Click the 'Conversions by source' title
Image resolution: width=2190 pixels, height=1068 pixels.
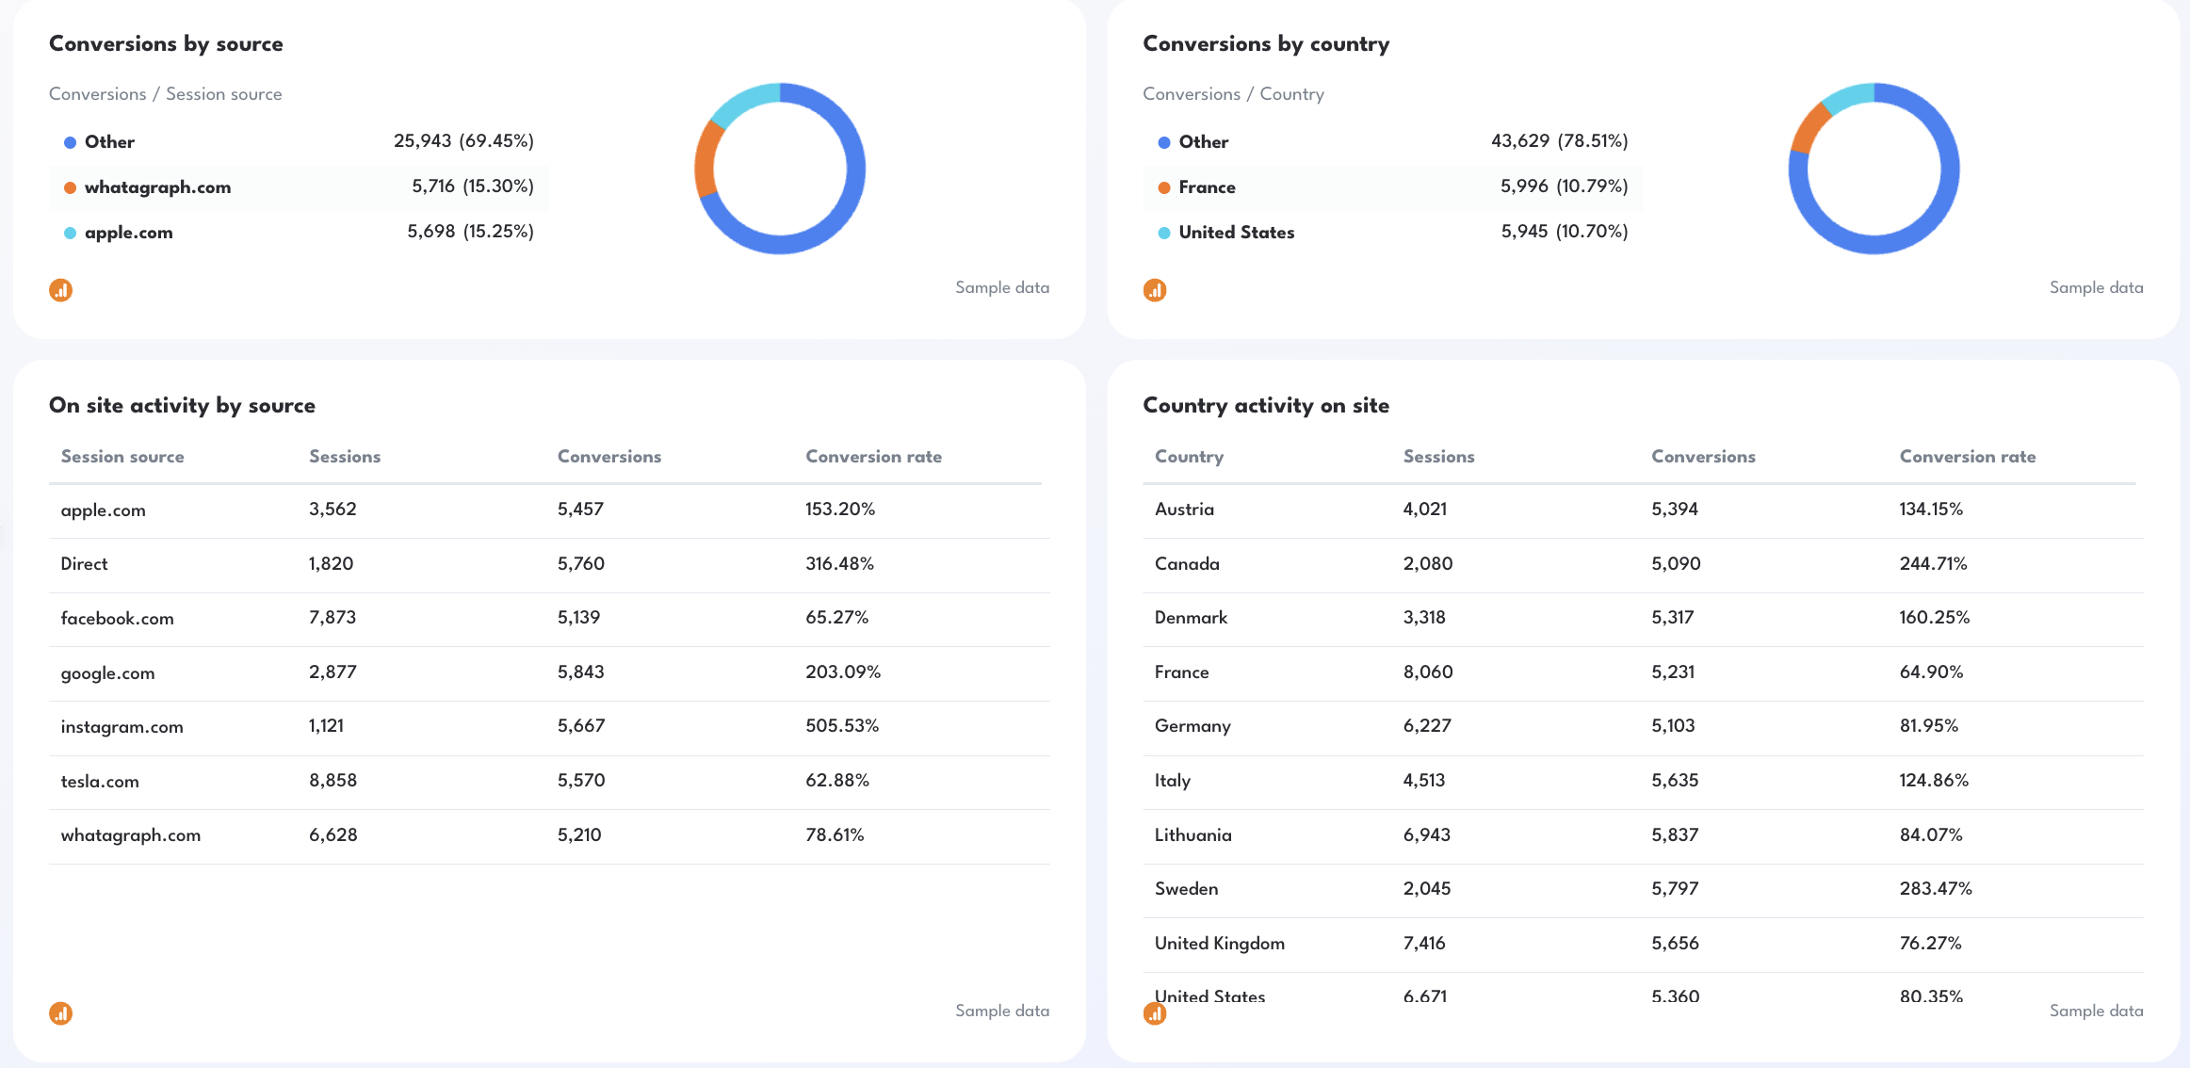[166, 43]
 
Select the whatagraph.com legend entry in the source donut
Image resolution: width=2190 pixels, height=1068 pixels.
[157, 187]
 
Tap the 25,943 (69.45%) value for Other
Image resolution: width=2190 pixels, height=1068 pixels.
[463, 141]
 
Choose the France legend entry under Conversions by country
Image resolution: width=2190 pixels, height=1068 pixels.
[1206, 187]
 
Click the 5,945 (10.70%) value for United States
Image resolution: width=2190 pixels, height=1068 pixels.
[1564, 232]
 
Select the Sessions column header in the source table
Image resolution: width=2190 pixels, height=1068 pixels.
[345, 457]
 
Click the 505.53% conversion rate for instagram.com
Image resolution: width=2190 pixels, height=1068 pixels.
[841, 726]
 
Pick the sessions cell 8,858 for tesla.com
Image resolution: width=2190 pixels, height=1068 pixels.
[333, 781]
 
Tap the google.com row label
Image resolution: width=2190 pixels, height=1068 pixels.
[107, 673]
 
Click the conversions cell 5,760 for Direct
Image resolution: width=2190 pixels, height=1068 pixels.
[580, 564]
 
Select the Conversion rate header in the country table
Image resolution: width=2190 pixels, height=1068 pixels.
[1967, 457]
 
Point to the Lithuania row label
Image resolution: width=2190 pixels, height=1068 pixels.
[1192, 835]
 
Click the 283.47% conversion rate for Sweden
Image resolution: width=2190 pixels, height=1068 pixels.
[1935, 889]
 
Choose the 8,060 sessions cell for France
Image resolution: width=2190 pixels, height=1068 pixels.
[1427, 672]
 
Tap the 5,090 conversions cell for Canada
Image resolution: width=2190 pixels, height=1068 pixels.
[1675, 564]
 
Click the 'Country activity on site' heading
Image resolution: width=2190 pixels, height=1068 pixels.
[1265, 406]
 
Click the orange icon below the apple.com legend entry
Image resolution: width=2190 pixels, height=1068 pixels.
[61, 290]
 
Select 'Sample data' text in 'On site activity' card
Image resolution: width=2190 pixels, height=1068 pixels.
[1001, 1011]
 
